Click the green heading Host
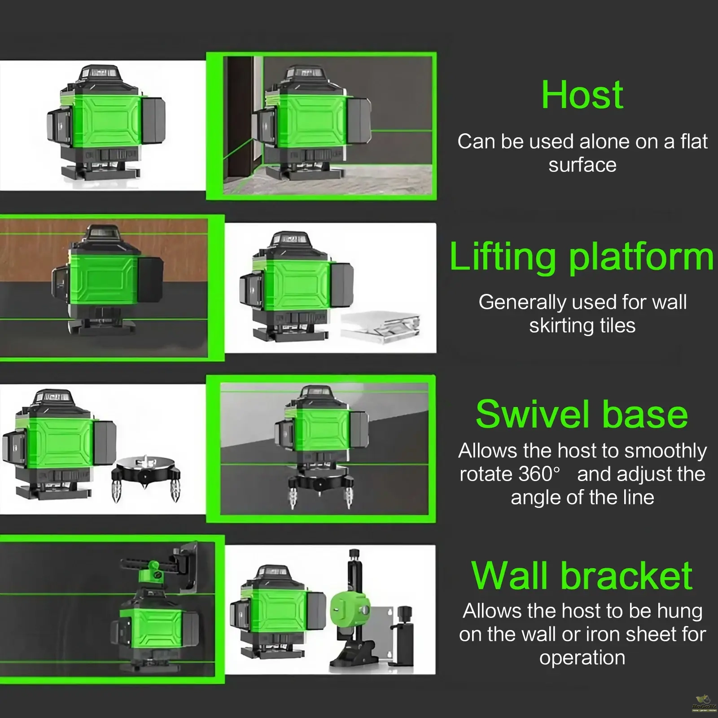coord(582,95)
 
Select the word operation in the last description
coord(582,658)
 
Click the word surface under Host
coord(582,165)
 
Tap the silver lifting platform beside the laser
coord(381,329)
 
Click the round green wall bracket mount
coord(350,611)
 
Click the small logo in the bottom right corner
coord(703,704)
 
